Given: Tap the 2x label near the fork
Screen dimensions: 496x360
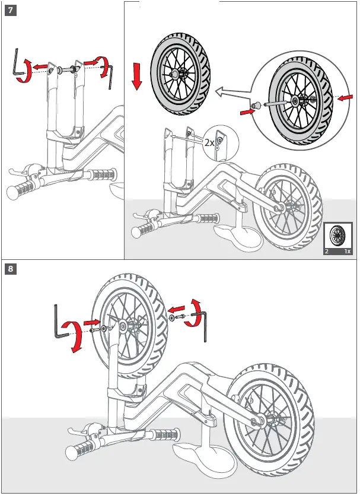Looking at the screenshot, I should point(209,142).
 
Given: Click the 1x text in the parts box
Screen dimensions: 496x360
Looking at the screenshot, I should point(348,252).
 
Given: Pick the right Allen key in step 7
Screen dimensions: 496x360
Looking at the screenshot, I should point(110,76).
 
